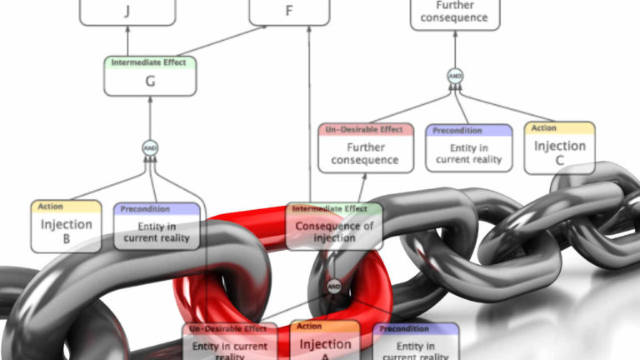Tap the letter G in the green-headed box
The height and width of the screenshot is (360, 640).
pyautogui.click(x=150, y=81)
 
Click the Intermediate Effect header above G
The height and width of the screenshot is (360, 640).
pyautogui.click(x=150, y=62)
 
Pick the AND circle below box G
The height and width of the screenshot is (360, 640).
pyautogui.click(x=150, y=148)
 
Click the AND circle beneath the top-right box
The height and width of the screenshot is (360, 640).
pyautogui.click(x=455, y=76)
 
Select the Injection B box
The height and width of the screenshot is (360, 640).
pyautogui.click(x=67, y=226)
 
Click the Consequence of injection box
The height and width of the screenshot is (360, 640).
pyautogui.click(x=333, y=226)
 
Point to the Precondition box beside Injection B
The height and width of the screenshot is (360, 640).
pyautogui.click(x=157, y=226)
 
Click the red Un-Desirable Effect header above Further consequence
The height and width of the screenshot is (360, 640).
pyautogui.click(x=366, y=130)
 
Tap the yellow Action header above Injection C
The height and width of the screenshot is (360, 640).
pyautogui.click(x=559, y=128)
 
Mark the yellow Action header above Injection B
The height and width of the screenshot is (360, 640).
pyautogui.click(x=67, y=207)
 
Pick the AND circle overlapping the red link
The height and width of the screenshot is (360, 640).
pyautogui.click(x=333, y=287)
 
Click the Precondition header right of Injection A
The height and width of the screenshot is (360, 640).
pyautogui.click(x=416, y=329)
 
